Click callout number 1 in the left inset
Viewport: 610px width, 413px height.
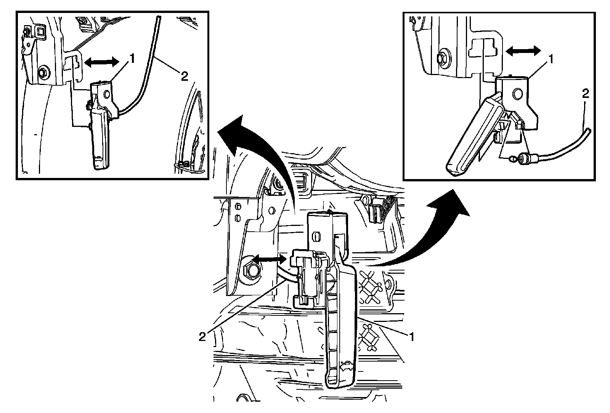pos(132,58)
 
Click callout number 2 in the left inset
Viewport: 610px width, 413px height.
pos(184,77)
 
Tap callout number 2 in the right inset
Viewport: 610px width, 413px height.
pos(586,94)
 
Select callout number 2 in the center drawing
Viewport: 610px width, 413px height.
pos(202,336)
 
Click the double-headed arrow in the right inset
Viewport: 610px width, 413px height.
pos(523,51)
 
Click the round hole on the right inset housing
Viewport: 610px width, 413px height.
pos(517,93)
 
